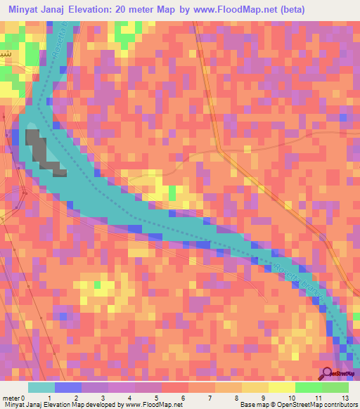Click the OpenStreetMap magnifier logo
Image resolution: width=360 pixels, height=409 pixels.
(x=328, y=375)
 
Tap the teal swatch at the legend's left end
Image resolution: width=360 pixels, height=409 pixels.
(x=41, y=387)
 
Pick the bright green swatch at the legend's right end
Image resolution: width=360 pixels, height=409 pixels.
(x=335, y=387)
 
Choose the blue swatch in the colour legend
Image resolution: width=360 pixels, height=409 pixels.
(x=67, y=387)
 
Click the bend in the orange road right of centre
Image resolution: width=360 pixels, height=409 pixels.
(x=219, y=149)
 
